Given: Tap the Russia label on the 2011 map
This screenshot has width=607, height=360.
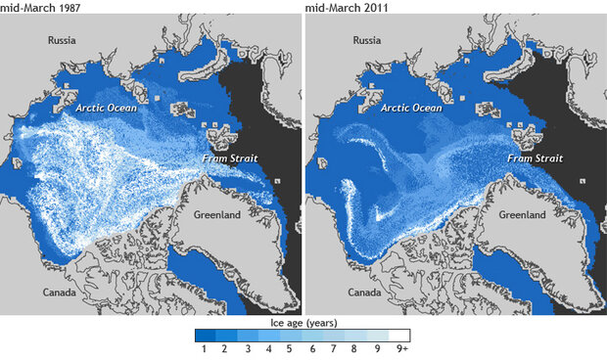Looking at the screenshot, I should coord(366,41).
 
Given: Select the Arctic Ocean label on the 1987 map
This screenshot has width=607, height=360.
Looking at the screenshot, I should coord(107,108).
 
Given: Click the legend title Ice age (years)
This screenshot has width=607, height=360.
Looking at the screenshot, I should coord(303,320).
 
